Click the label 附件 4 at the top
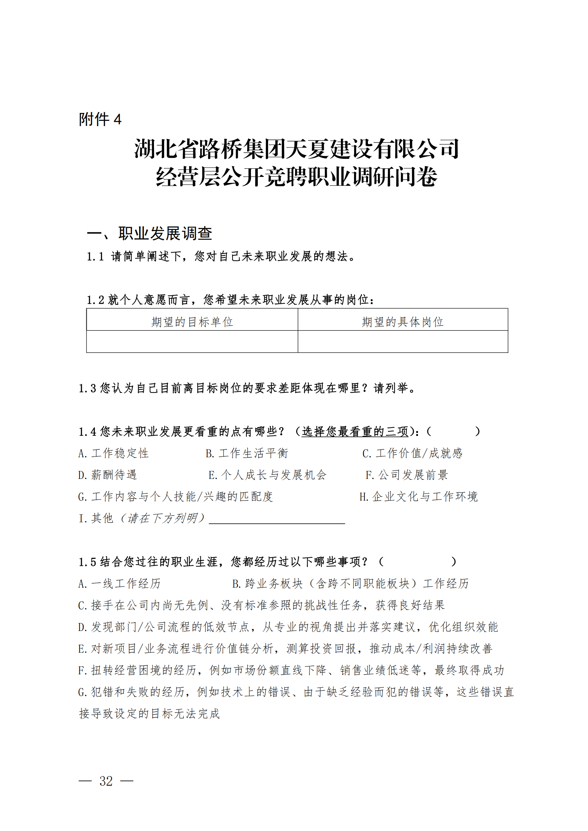coord(100,119)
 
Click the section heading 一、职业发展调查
coord(149,233)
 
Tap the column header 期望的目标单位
coord(192,322)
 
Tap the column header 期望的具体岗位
coord(402,322)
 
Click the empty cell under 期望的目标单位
coord(192,341)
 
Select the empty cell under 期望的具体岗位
coord(402,341)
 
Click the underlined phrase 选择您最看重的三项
coord(355,431)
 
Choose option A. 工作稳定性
coord(113,453)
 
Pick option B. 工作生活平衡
coord(247,453)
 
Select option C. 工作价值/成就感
coord(412,453)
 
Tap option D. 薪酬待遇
coord(107,475)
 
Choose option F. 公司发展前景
coord(407,475)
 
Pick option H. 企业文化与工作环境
coord(418,497)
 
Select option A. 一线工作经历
coord(119,583)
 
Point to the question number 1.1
coord(95,257)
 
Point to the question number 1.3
coord(87,388)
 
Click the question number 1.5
coord(87,562)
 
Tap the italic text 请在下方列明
coord(162,518)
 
